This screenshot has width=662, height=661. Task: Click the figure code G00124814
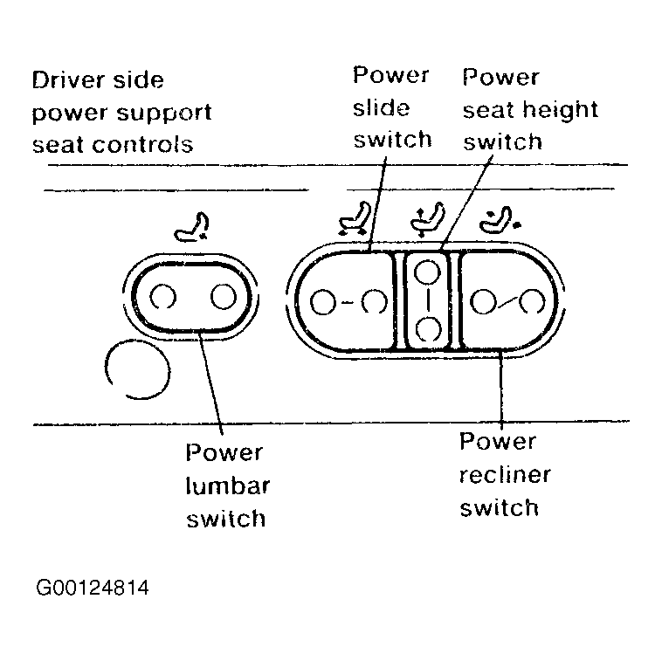click(x=93, y=588)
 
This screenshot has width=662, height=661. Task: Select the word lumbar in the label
click(x=228, y=485)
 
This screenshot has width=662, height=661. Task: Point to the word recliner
click(x=505, y=474)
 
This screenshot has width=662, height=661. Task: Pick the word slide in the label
click(x=382, y=108)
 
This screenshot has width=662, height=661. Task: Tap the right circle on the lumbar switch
click(x=224, y=296)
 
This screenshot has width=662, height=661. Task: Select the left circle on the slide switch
click(x=323, y=302)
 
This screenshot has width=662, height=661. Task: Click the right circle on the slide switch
click(x=375, y=302)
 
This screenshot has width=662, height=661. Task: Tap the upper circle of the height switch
click(x=427, y=272)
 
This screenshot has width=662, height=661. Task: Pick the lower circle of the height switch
click(x=428, y=329)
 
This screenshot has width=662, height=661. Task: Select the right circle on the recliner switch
click(x=532, y=302)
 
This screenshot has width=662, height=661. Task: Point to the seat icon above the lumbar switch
click(x=192, y=227)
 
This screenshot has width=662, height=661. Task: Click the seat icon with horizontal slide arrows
click(x=355, y=218)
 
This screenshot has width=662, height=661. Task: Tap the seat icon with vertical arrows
click(x=428, y=219)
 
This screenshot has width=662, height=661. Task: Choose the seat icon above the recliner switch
click(x=500, y=219)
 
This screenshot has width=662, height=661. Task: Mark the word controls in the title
click(x=142, y=145)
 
